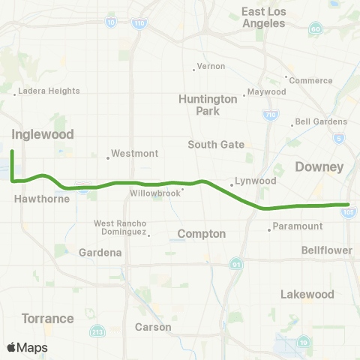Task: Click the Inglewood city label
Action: click(43, 135)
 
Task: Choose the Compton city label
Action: click(201, 234)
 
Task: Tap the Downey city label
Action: click(319, 166)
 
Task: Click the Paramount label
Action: click(298, 226)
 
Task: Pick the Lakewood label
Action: click(305, 295)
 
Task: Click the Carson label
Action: click(152, 327)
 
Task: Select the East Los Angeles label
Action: click(263, 17)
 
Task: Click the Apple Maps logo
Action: click(27, 347)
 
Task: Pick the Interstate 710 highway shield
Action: click(268, 115)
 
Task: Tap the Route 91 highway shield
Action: click(236, 265)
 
